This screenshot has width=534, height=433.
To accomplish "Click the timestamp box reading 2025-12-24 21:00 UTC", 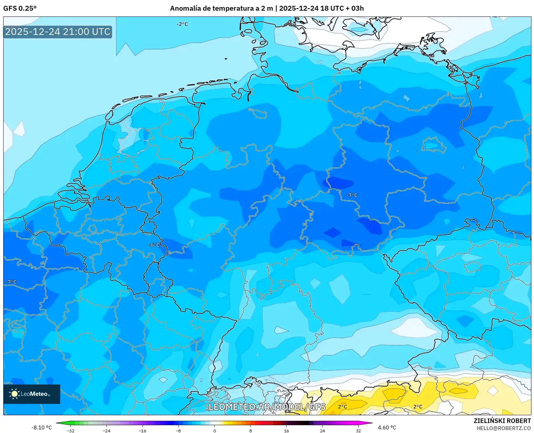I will pos(58,32).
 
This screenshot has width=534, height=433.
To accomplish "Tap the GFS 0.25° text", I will pos(20,8).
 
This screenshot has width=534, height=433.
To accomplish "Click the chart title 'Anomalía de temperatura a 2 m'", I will pos(222,8).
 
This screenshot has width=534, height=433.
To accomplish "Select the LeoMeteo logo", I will pos(31,394).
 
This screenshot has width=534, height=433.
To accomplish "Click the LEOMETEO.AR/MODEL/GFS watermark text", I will pos(267,407).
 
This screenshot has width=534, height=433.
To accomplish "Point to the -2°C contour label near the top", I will pos(182,24).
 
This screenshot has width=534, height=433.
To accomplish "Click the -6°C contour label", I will pos(154,245).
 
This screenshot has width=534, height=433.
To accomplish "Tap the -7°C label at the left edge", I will pos(11,282).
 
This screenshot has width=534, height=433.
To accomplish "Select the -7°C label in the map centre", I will pos(352,195).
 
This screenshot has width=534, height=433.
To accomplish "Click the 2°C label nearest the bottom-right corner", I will pos(418,407).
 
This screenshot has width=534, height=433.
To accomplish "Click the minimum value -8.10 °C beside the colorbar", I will pos(41,428).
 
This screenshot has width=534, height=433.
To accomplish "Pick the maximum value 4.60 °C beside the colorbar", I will pos(387,428).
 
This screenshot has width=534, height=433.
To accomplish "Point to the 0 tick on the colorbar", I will pos(214,430).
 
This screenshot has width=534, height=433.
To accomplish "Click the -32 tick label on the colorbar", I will pos(71,430).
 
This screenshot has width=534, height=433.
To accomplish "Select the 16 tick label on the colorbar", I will pos(286,430).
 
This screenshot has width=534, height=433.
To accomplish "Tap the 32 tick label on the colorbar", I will pos(358,430).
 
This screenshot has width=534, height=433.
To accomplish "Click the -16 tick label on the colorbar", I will pos(142,430).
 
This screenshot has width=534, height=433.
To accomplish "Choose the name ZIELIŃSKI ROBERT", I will pos(502,421).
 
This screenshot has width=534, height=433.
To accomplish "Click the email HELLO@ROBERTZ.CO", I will pos(504,428).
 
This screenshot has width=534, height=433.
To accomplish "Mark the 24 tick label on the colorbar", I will pos(322,430).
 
